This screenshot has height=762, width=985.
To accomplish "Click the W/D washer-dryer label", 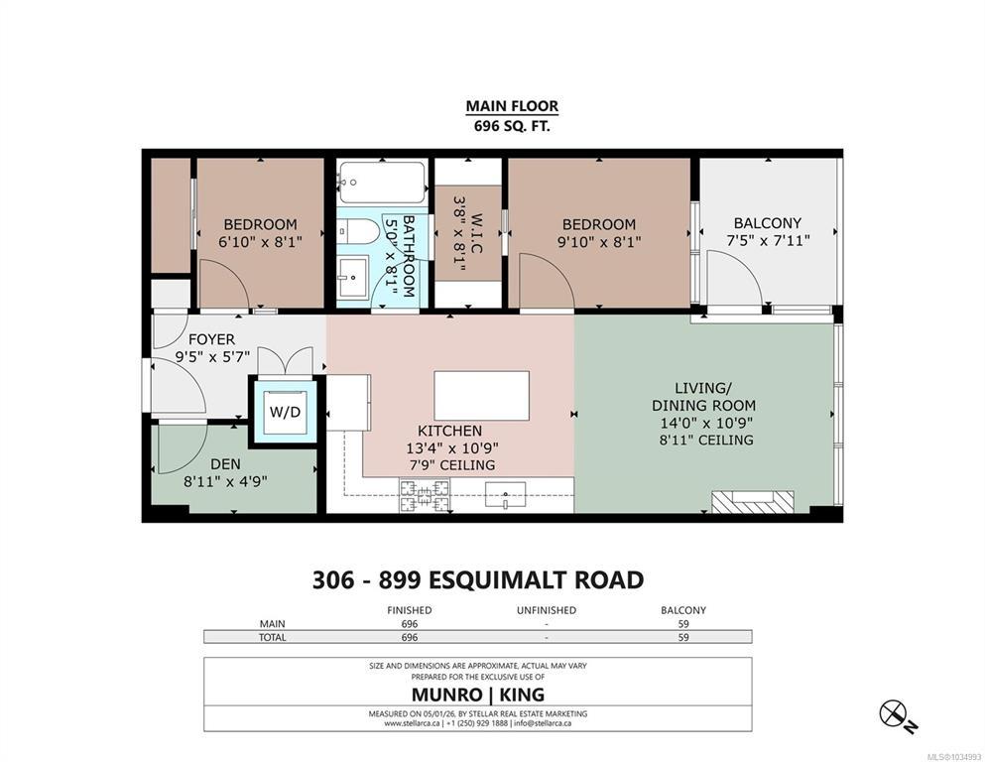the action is [x=286, y=413].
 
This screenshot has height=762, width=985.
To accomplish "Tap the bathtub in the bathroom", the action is [x=381, y=183].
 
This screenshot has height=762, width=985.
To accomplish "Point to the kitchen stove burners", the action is [x=425, y=495].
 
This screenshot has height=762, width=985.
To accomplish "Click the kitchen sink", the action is [x=505, y=494].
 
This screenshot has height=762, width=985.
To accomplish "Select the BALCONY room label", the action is [x=768, y=223].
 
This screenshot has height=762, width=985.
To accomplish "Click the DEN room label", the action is [x=225, y=464].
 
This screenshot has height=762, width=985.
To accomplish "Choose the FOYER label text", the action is [x=211, y=340].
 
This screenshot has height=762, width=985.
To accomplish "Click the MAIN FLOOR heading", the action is [x=512, y=106].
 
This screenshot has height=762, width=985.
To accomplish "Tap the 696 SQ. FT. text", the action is [x=512, y=126].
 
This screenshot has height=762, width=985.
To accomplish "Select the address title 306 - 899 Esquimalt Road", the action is [x=478, y=579].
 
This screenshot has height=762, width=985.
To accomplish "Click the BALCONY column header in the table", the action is [x=683, y=610].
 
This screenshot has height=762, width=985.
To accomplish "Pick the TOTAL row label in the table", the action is [x=273, y=637].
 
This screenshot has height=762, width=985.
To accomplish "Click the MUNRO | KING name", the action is [x=478, y=695].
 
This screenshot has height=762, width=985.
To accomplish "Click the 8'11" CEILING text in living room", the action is [x=706, y=440].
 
